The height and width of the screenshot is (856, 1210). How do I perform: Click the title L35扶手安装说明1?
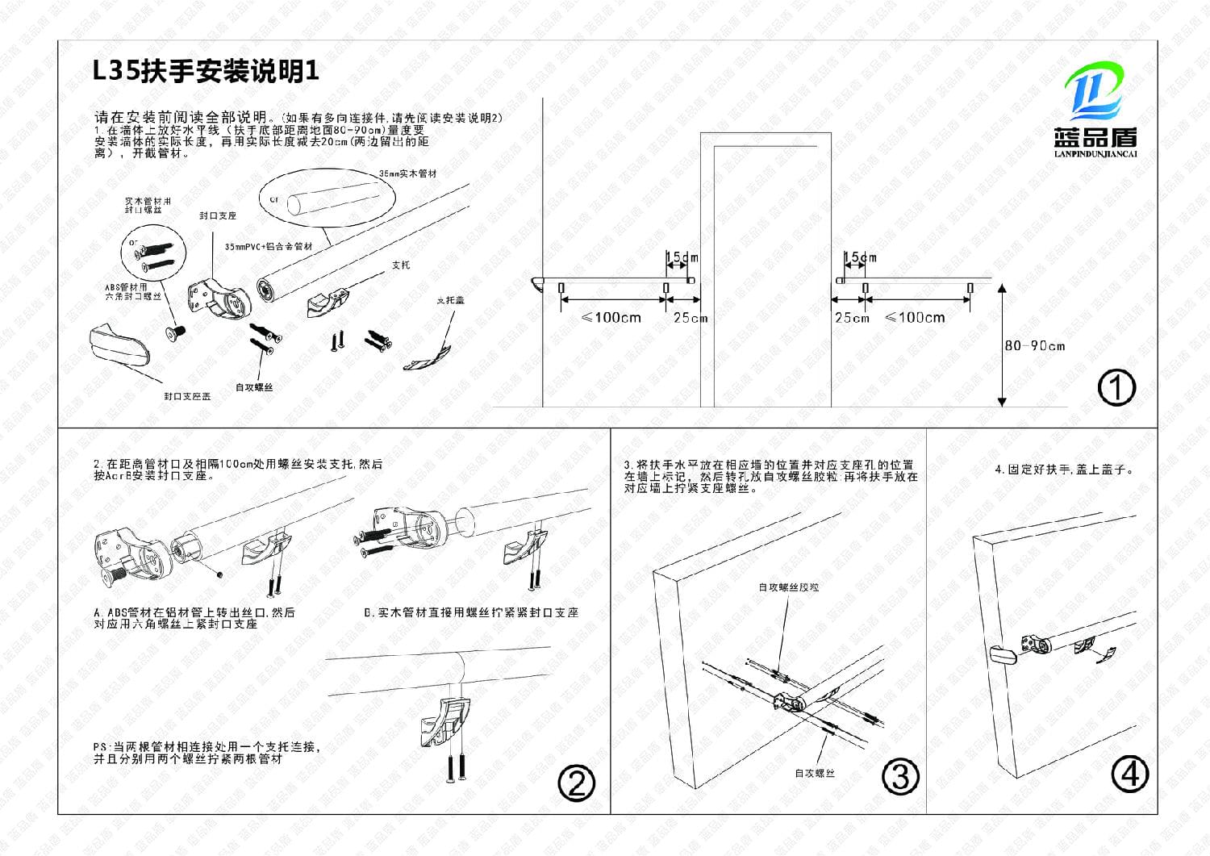pos(207,72)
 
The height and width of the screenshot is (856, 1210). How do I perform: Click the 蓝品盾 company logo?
pos(1095,113)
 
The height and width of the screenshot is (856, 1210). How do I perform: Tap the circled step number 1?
pos(1116,388)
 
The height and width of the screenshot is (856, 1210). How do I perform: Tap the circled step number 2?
pos(577,783)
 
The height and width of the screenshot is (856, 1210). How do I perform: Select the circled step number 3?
pos(900,776)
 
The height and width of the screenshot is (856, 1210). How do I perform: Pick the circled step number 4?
pos(1129,774)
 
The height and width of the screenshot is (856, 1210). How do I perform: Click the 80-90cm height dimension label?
pos(1034,346)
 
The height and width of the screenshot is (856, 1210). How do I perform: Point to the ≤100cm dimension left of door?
pos(611,317)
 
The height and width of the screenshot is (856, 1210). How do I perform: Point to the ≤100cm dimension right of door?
pos(915,317)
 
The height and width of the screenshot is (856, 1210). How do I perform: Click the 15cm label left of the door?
pos(682,257)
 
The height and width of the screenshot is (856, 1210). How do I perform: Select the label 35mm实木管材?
pos(407,173)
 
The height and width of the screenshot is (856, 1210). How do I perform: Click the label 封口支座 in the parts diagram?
pos(218,216)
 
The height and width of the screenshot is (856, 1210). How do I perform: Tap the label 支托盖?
pos(450,300)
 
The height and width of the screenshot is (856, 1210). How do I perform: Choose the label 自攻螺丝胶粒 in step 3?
pos(788,587)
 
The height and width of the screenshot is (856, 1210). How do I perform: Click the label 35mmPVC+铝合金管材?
pos(269,246)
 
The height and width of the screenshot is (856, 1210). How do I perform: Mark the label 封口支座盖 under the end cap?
pos(187,396)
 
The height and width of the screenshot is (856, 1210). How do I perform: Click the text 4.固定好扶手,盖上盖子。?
pos(1064,469)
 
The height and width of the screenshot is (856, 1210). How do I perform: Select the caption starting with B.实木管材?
pos(471,613)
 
